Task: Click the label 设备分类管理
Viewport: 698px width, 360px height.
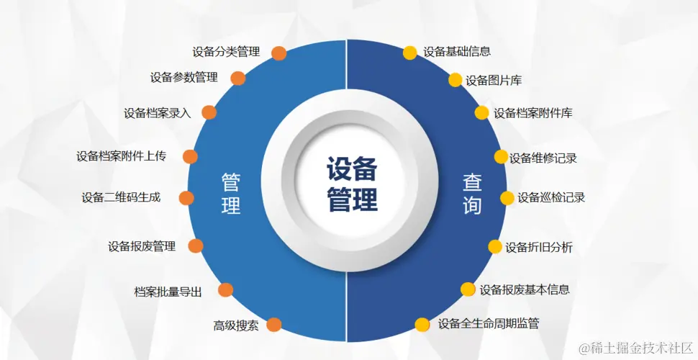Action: point(226,52)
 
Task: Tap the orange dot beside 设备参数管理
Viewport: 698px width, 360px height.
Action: point(238,78)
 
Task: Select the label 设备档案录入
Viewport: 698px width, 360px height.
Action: point(158,113)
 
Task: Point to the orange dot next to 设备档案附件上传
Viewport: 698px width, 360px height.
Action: point(191,156)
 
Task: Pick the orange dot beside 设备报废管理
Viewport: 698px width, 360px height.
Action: point(196,246)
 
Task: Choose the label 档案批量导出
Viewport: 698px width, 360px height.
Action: point(168,292)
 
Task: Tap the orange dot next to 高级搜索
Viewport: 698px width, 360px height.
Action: point(273,325)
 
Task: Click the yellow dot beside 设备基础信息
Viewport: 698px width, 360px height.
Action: point(409,53)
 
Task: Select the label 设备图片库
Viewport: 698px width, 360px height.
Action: point(494,81)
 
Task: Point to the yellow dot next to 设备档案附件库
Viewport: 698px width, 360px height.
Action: point(481,112)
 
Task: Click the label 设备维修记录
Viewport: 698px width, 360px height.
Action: point(543,158)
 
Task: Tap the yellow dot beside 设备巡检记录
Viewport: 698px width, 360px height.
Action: point(508,198)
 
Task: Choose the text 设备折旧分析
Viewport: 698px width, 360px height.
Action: point(539,248)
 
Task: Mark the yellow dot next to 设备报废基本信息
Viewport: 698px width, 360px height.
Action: point(468,289)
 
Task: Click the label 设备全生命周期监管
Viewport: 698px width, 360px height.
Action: point(489,324)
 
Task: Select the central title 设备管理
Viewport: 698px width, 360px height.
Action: point(352,184)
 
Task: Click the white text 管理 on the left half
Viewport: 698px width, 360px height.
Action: point(231,193)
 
